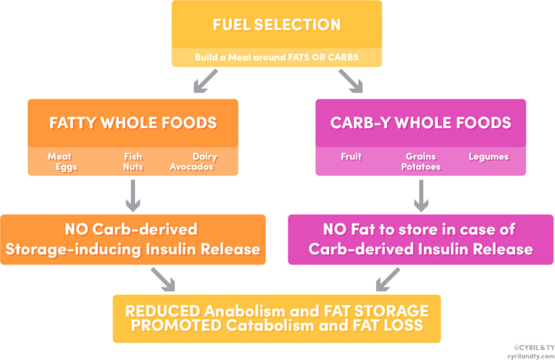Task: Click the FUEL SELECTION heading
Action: pos(277,24)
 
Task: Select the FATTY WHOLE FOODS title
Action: pos(132,123)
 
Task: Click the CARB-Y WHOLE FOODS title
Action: pos(421,123)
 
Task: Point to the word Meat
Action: pos(59,156)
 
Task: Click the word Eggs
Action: pos(66,167)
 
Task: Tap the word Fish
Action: pos(133,156)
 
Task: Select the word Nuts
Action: pos(133,167)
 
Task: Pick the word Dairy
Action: pos(204,156)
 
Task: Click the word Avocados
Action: pos(191,167)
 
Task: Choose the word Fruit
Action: pos(351,156)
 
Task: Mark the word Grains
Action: pos(421,156)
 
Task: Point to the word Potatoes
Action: pos(421,167)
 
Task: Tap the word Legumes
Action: pos(488,156)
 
